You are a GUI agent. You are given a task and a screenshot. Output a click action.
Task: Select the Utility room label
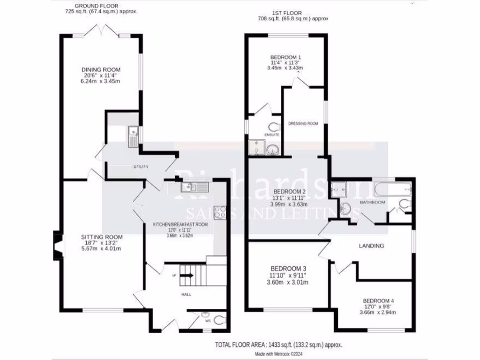[141, 167]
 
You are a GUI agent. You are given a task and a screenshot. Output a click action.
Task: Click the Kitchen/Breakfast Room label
[180, 225]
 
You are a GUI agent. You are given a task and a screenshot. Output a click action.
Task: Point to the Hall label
[186, 294]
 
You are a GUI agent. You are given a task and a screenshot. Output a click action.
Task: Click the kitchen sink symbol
[194, 187]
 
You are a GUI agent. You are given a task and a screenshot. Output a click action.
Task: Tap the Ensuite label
[272, 135]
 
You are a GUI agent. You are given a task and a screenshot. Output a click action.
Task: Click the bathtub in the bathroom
[393, 190]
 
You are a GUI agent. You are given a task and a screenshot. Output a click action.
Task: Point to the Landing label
[372, 246]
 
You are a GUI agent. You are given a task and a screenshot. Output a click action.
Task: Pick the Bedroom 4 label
[378, 300]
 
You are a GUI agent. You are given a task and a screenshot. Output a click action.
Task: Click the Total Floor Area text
[278, 345]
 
